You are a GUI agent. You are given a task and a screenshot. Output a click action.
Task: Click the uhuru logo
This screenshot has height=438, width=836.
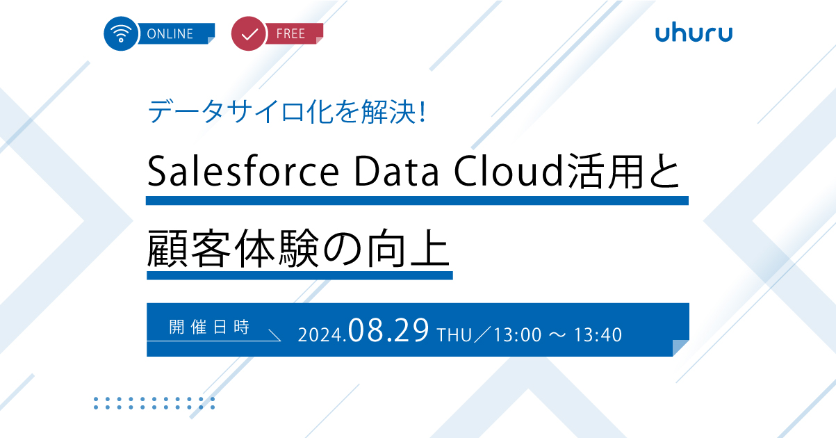pyautogui.click(x=694, y=33)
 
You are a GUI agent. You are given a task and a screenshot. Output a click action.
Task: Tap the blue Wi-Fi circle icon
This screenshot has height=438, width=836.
pyautogui.click(x=121, y=33)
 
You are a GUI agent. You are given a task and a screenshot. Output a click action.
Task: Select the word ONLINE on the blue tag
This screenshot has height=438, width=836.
pyautogui.click(x=170, y=34)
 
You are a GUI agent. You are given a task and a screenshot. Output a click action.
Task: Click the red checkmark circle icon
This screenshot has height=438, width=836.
pyautogui.click(x=249, y=33)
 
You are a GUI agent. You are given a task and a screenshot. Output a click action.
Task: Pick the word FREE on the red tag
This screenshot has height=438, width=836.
pyautogui.click(x=290, y=34)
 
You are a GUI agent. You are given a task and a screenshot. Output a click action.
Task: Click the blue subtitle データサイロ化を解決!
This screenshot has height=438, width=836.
pyautogui.click(x=286, y=112)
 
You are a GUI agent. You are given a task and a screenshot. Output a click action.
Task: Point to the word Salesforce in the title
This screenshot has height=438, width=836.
pyautogui.click(x=243, y=172)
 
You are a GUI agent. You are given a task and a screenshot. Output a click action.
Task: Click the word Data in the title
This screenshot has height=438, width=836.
pyautogui.click(x=396, y=172)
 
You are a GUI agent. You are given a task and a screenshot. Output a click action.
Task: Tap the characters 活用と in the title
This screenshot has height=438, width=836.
pyautogui.click(x=623, y=172)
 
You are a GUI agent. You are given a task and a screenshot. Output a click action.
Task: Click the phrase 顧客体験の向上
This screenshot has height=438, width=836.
pyautogui.click(x=298, y=248)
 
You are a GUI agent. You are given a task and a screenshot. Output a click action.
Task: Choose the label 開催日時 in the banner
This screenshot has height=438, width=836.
pyautogui.click(x=209, y=327)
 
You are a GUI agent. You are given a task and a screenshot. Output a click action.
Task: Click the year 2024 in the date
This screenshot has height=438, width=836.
pyautogui.click(x=320, y=335)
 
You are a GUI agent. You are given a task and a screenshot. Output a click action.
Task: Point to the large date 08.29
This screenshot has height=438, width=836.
pyautogui.click(x=388, y=330)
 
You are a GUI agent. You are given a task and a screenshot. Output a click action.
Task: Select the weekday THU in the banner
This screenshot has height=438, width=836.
pyautogui.click(x=454, y=335)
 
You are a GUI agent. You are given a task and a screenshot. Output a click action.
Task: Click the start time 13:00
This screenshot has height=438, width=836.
pyautogui.click(x=518, y=335)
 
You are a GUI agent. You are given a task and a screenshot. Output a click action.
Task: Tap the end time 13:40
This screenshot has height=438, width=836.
pyautogui.click(x=598, y=335)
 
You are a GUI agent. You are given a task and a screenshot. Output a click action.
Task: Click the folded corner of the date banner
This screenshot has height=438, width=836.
pyautogui.click(x=681, y=348)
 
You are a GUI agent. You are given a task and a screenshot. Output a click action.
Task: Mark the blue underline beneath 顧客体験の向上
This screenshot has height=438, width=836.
pyautogui.click(x=300, y=275)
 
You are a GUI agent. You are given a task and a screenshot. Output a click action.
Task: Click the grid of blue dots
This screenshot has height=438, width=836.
pyautogui.click(x=154, y=403)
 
